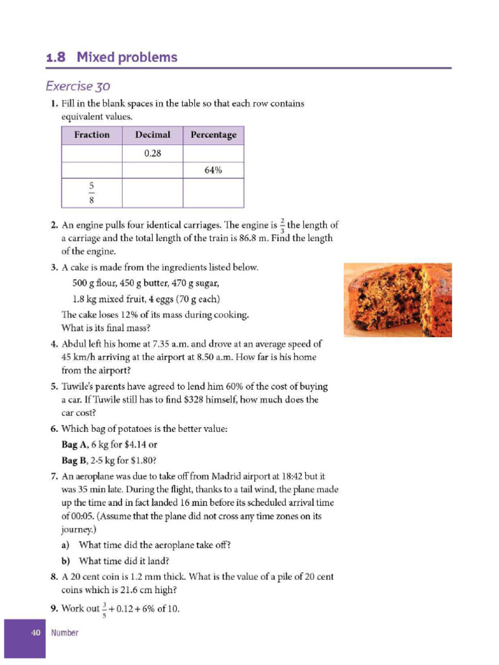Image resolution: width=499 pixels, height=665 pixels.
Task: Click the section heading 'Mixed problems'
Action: pyautogui.click(x=127, y=57)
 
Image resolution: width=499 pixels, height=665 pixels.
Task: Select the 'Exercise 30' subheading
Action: pyautogui.click(x=78, y=86)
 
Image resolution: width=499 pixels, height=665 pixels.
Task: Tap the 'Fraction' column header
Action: pyautogui.click(x=92, y=135)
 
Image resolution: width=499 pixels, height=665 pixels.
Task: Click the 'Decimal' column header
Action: pyautogui.click(x=153, y=135)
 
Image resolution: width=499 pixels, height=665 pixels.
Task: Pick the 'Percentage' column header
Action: pyautogui.click(x=213, y=135)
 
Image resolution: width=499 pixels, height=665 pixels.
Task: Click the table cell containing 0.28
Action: pyautogui.click(x=153, y=154)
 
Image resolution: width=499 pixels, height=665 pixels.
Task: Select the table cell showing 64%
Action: pyautogui.click(x=213, y=171)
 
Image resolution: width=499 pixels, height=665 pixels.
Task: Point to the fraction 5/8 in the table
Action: pyautogui.click(x=92, y=194)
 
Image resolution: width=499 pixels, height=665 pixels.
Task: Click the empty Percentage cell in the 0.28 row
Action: pyautogui.click(x=213, y=154)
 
